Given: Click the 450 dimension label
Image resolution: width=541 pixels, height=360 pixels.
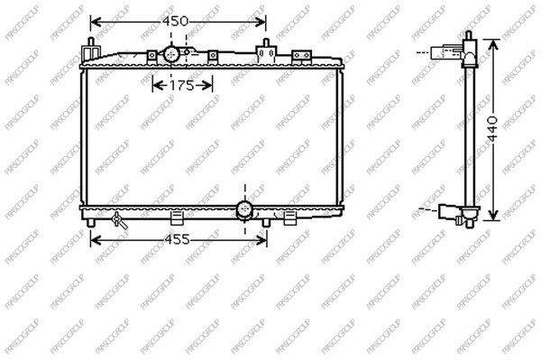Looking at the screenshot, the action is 176,22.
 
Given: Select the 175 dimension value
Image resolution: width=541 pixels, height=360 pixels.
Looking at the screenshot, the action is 182,86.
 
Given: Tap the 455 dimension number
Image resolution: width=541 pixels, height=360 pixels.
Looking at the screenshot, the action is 177,239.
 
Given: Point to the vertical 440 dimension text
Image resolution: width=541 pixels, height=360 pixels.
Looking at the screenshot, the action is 493,128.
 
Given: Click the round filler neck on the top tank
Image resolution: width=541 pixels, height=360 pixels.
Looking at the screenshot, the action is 171,54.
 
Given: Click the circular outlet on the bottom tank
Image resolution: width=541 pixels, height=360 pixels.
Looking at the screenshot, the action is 244,209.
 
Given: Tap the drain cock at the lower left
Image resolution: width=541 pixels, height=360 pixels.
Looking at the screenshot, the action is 120,220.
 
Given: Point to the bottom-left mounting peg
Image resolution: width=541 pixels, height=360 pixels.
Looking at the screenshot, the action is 91,223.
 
